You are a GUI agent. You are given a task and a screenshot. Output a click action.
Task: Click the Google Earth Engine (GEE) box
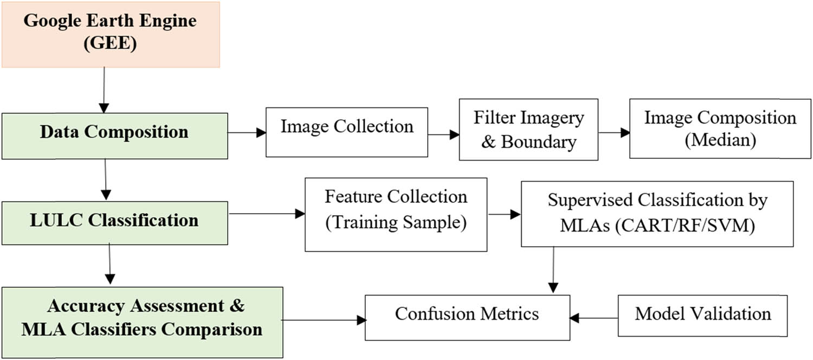click(x=110, y=34)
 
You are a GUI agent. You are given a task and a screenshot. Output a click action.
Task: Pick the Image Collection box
click(x=346, y=132)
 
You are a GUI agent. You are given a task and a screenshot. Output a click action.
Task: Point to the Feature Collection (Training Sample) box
click(x=396, y=214)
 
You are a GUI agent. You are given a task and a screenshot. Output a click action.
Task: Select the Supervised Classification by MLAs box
click(x=657, y=214)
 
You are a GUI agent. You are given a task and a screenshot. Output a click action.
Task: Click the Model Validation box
click(x=702, y=315)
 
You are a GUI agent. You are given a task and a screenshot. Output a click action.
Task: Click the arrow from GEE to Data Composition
click(x=104, y=89)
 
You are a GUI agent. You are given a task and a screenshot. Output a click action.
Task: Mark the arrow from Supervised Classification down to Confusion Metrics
click(x=553, y=271)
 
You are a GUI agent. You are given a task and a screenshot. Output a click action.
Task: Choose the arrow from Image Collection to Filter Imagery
click(x=443, y=136)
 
